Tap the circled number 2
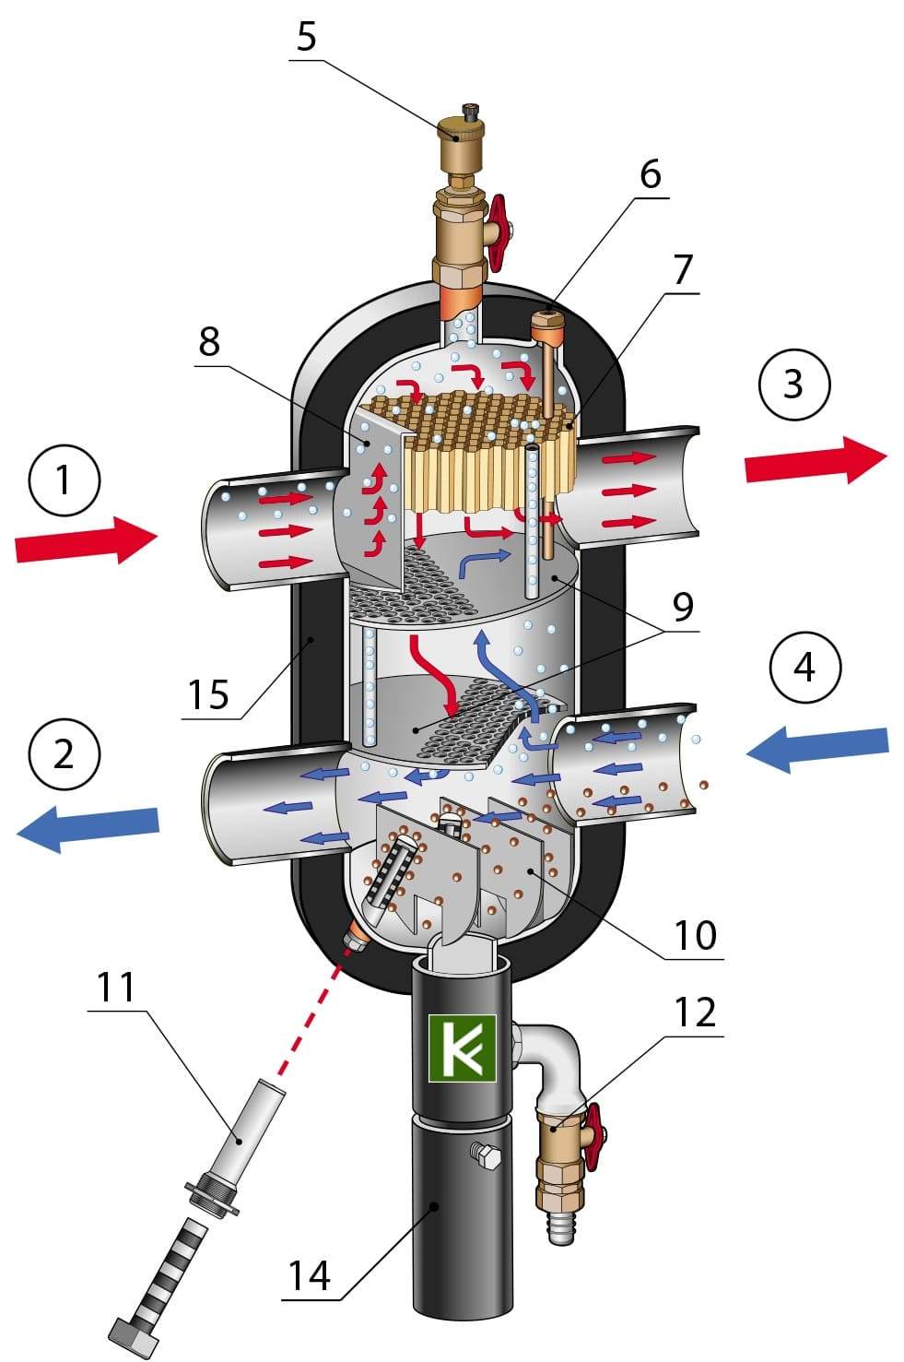point(63,754)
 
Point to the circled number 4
point(804,666)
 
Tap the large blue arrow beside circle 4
point(816,748)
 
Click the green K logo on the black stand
point(462,1048)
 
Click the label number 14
point(310,1278)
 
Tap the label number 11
point(116,988)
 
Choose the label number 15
point(207,693)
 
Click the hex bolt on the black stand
point(484,1154)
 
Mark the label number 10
point(695,935)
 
